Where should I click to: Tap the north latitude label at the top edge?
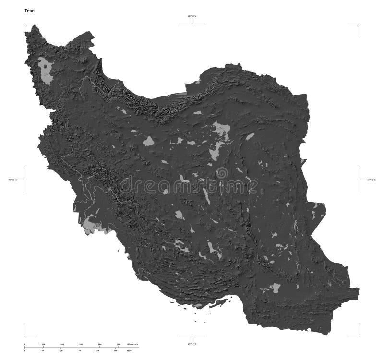point(192,16)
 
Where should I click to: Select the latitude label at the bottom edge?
point(192,344)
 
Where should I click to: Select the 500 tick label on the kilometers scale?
point(118,345)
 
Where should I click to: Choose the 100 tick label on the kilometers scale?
point(43,345)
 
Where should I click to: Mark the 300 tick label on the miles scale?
point(115,351)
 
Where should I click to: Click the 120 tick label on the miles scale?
point(60,351)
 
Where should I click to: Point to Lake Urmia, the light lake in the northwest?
point(47,71)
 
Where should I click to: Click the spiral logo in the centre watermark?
point(222,173)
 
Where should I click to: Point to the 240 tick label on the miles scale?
point(97,351)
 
